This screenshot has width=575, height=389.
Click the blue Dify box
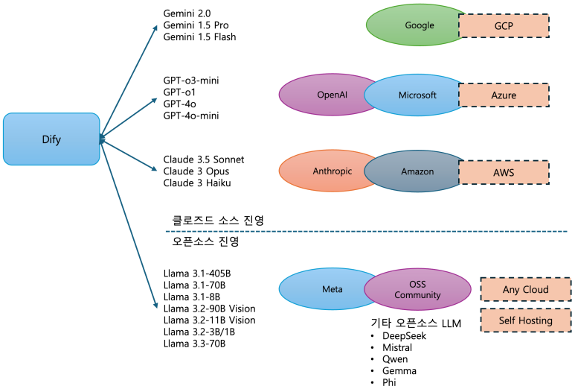click(51, 139)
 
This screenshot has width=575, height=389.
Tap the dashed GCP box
click(504, 25)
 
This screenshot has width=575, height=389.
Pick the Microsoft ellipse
click(417, 95)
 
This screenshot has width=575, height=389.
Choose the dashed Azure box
click(504, 95)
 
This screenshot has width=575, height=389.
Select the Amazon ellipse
click(417, 171)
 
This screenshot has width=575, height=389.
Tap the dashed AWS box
click(504, 171)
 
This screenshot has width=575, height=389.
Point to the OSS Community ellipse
click(417, 289)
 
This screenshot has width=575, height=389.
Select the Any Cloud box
click(525, 289)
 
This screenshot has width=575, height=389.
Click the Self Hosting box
click(525, 320)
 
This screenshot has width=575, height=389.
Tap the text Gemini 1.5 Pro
click(196, 25)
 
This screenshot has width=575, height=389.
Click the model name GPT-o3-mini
click(191, 80)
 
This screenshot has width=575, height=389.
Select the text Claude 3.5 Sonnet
click(203, 159)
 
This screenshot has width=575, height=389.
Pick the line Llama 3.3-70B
click(194, 344)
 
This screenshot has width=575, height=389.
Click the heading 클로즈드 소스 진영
click(218, 220)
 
